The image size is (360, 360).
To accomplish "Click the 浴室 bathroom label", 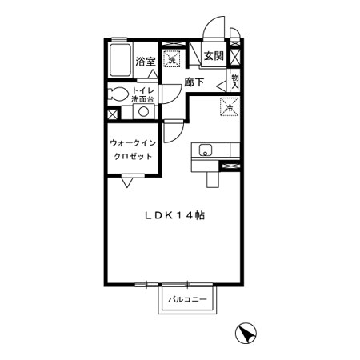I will [x=144, y=62].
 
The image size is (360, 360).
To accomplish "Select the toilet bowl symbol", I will [x=118, y=94].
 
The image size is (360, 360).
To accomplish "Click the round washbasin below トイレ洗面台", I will [x=145, y=112].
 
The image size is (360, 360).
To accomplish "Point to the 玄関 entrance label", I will [x=212, y=56].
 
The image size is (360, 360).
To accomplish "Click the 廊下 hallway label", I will [x=194, y=82].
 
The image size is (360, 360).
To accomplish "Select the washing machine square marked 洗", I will [x=170, y=58].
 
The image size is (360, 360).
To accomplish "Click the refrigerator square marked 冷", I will [x=229, y=107].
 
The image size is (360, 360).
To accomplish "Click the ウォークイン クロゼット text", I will [x=132, y=150].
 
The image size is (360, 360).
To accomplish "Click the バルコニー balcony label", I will [x=187, y=299].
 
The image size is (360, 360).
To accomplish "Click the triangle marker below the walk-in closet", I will [x=127, y=184].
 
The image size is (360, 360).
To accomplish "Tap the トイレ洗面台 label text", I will [x=144, y=94].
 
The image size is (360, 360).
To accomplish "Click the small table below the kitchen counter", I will [x=213, y=178].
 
